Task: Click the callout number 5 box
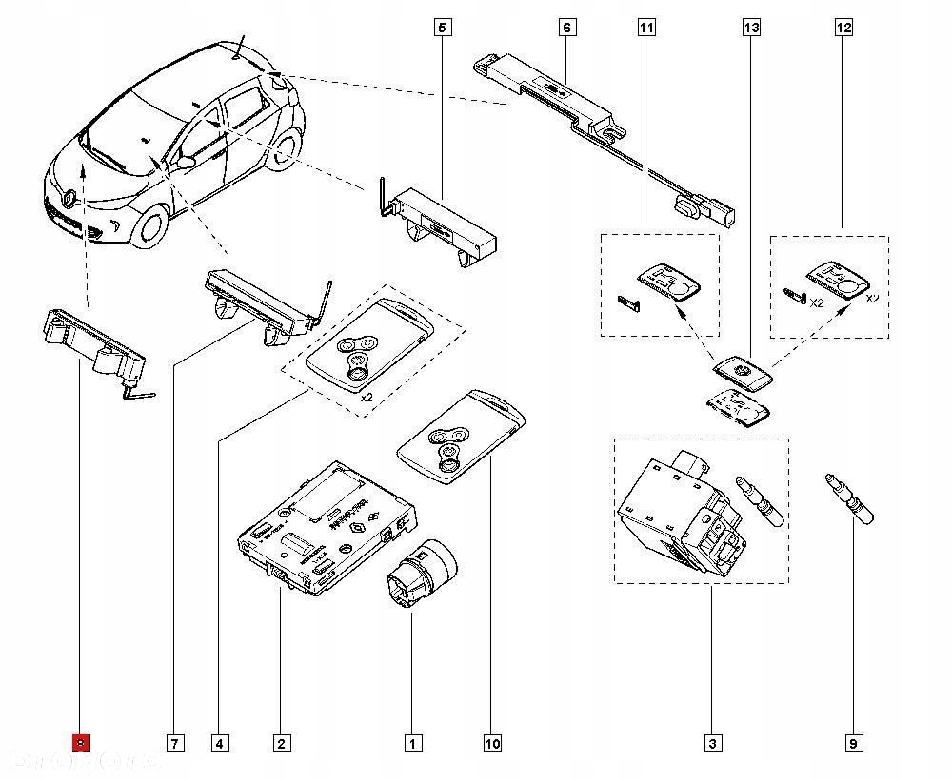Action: click(x=441, y=28)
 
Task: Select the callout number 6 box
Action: click(x=566, y=28)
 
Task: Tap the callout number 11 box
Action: click(x=646, y=28)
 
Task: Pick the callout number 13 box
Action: click(x=752, y=28)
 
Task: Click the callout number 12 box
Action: click(x=843, y=28)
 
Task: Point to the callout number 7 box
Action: click(x=174, y=743)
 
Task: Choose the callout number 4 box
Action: click(x=219, y=743)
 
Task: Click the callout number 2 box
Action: click(x=281, y=743)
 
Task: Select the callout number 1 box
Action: click(x=412, y=743)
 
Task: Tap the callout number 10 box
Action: click(x=492, y=743)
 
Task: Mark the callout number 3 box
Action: click(x=711, y=743)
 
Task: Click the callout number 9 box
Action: click(x=853, y=743)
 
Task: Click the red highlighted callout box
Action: click(x=82, y=743)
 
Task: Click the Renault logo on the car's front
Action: click(x=72, y=198)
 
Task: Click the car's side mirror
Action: click(x=186, y=163)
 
